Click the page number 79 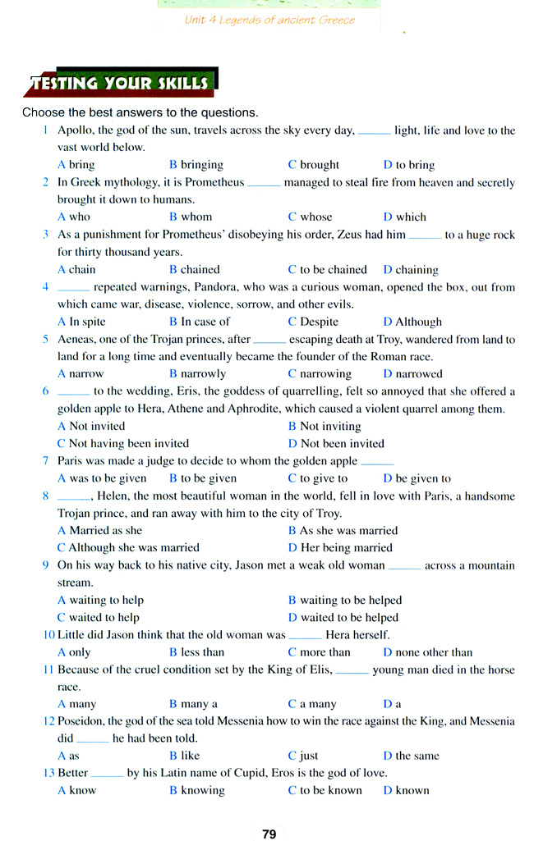tap(269, 834)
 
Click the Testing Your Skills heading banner tap(121, 83)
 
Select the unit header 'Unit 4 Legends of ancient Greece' tap(269, 20)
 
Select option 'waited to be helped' tap(348, 617)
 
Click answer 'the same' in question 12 tap(417, 756)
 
